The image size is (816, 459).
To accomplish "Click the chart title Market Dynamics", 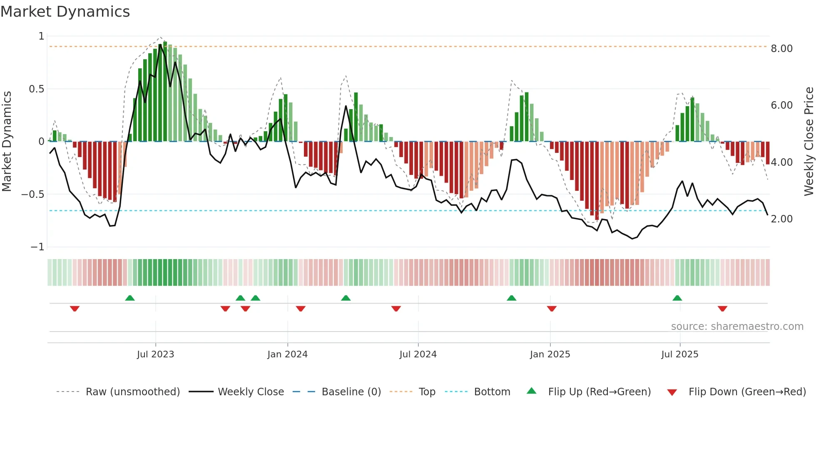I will click(65, 12).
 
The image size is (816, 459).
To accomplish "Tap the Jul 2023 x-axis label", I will click(155, 354).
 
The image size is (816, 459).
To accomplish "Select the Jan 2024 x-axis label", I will click(287, 354).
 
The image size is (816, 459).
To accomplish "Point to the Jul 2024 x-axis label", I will click(418, 354).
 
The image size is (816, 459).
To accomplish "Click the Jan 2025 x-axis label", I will click(550, 354).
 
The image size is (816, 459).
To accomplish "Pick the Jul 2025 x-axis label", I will click(680, 354).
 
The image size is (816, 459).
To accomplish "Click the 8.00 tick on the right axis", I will click(781, 49).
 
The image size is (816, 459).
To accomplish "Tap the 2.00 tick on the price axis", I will click(781, 219).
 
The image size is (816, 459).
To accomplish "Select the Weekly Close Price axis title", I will click(809, 141).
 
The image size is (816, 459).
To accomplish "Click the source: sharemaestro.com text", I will click(737, 327).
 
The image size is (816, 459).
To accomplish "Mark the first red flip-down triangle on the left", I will click(75, 309).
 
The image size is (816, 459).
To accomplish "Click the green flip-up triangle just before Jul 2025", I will click(677, 298).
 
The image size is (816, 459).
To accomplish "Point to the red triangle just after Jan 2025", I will click(552, 309).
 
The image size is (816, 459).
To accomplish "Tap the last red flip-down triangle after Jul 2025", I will click(722, 309).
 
